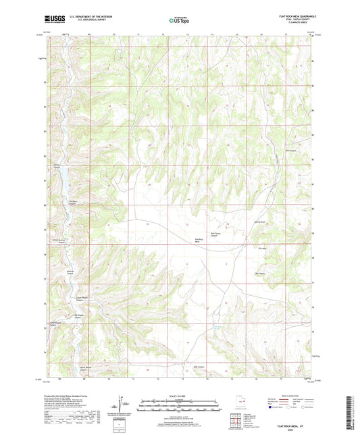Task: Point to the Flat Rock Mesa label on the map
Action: point(200,241)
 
